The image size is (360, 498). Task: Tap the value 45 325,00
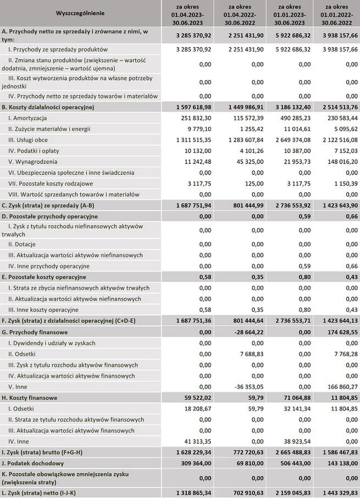point(248,162)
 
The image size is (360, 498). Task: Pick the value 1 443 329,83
point(334,492)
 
